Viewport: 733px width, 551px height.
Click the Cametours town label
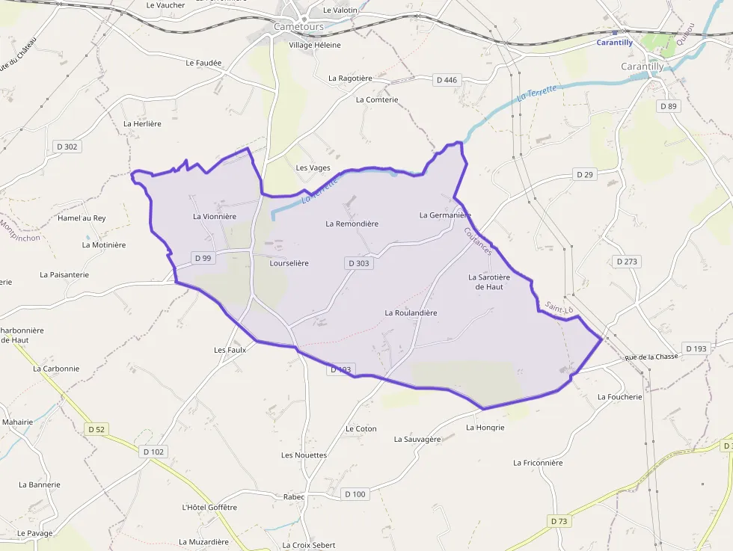[298, 26]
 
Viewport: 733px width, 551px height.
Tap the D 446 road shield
[446, 80]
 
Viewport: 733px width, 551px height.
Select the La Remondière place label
[352, 224]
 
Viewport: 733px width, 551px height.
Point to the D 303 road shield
[358, 263]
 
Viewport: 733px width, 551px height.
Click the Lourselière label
[289, 263]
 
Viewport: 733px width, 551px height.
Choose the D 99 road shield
[203, 258]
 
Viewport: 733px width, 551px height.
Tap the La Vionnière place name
[215, 217]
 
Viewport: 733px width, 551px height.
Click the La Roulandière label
[411, 313]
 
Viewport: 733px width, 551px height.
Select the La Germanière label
[445, 215]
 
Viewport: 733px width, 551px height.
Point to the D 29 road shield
[584, 174]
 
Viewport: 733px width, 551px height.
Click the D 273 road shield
[626, 262]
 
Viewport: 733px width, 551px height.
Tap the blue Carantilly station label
[614, 43]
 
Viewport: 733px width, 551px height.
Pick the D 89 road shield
[668, 106]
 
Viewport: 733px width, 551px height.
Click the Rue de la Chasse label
[651, 357]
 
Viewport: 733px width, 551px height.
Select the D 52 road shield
[96, 429]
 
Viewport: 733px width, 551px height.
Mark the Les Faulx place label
[230, 350]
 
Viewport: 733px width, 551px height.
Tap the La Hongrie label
[485, 428]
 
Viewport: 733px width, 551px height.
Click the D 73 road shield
[558, 521]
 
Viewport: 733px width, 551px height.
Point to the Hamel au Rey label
[82, 218]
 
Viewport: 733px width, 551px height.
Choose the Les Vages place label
[313, 167]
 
